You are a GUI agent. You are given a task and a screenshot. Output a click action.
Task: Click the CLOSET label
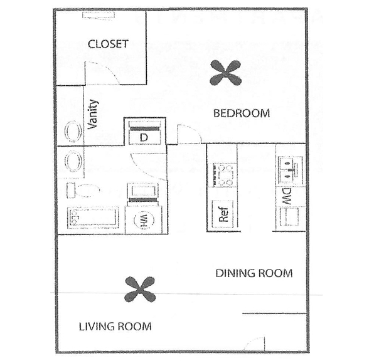(108, 44)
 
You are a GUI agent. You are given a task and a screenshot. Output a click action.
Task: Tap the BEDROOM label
(242, 113)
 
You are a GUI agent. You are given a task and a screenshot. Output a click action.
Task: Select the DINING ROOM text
(254, 273)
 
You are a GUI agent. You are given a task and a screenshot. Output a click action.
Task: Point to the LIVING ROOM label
(115, 327)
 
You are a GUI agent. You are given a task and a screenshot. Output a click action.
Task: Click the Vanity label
(92, 114)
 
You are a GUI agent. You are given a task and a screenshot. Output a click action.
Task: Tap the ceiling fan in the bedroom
(225, 73)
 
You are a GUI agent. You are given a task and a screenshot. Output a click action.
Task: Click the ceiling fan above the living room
(140, 290)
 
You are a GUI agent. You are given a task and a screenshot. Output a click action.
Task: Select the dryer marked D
(144, 132)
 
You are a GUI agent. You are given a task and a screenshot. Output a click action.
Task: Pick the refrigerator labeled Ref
(223, 214)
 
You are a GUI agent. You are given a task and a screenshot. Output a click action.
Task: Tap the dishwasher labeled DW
(287, 196)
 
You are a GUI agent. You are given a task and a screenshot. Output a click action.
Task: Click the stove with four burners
(223, 175)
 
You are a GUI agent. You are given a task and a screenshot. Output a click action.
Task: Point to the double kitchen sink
(291, 170)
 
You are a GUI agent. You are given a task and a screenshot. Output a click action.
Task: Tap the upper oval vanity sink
(73, 132)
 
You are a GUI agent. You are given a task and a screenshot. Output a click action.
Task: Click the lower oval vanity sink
(73, 161)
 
